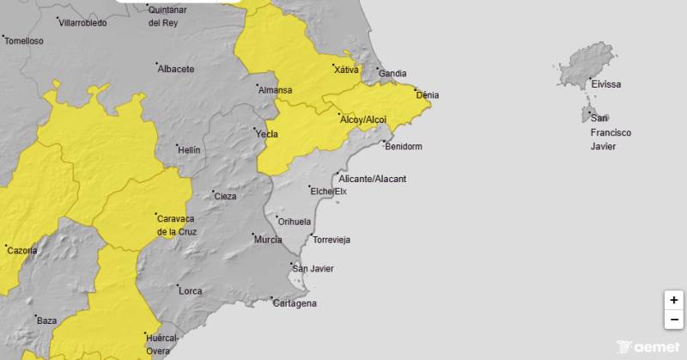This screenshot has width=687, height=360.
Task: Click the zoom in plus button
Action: click(x=674, y=300)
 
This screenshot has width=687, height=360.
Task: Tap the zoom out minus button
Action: click(x=674, y=320)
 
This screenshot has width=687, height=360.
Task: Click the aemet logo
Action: click(x=649, y=347)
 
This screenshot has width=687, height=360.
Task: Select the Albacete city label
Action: click(x=176, y=69)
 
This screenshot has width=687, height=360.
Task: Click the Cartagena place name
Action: click(x=295, y=303)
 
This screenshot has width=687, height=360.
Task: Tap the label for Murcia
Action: click(x=268, y=240)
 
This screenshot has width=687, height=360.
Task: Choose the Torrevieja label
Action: click(x=331, y=240)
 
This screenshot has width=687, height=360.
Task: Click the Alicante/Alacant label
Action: click(x=372, y=179)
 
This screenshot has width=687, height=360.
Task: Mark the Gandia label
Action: click(x=392, y=74)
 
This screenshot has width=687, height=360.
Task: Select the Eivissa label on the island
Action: click(x=605, y=84)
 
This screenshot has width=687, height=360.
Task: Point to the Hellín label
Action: click(x=188, y=149)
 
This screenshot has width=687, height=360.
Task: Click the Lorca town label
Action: click(x=190, y=290)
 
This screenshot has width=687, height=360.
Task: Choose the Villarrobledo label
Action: click(x=82, y=23)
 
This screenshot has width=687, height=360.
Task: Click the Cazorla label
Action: click(x=21, y=250)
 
